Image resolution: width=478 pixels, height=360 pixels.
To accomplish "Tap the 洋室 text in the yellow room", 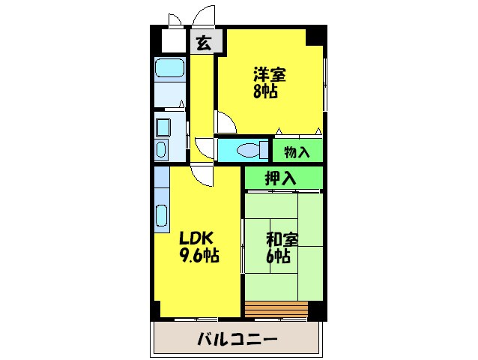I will (x=270, y=74).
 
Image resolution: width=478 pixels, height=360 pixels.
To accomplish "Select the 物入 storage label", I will (x=297, y=152).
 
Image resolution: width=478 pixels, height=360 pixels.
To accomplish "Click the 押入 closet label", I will (x=281, y=178).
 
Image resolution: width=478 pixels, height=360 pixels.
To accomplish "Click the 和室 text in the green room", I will (x=283, y=240).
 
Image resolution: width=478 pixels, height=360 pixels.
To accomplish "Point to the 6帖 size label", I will (x=279, y=257).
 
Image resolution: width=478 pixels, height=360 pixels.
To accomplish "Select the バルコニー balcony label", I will (x=238, y=339).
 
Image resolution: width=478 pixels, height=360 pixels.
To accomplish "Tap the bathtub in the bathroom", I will (x=170, y=70).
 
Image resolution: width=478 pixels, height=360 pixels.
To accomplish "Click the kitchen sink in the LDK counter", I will (x=161, y=215).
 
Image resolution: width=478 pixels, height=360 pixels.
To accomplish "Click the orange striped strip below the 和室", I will (x=276, y=308).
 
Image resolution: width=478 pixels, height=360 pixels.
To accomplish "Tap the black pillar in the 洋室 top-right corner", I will (x=316, y=34).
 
